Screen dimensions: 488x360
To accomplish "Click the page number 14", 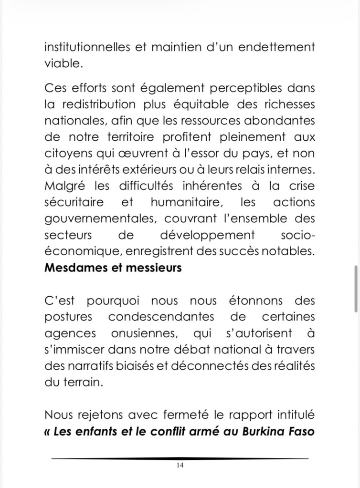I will [x=180, y=466].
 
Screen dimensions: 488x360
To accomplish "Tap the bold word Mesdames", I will [x=77, y=267].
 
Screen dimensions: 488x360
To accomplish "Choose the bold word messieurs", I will [x=154, y=267].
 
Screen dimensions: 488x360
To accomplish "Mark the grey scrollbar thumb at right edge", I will [x=356, y=288].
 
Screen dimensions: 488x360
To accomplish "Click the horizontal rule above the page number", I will [x=180, y=458].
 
